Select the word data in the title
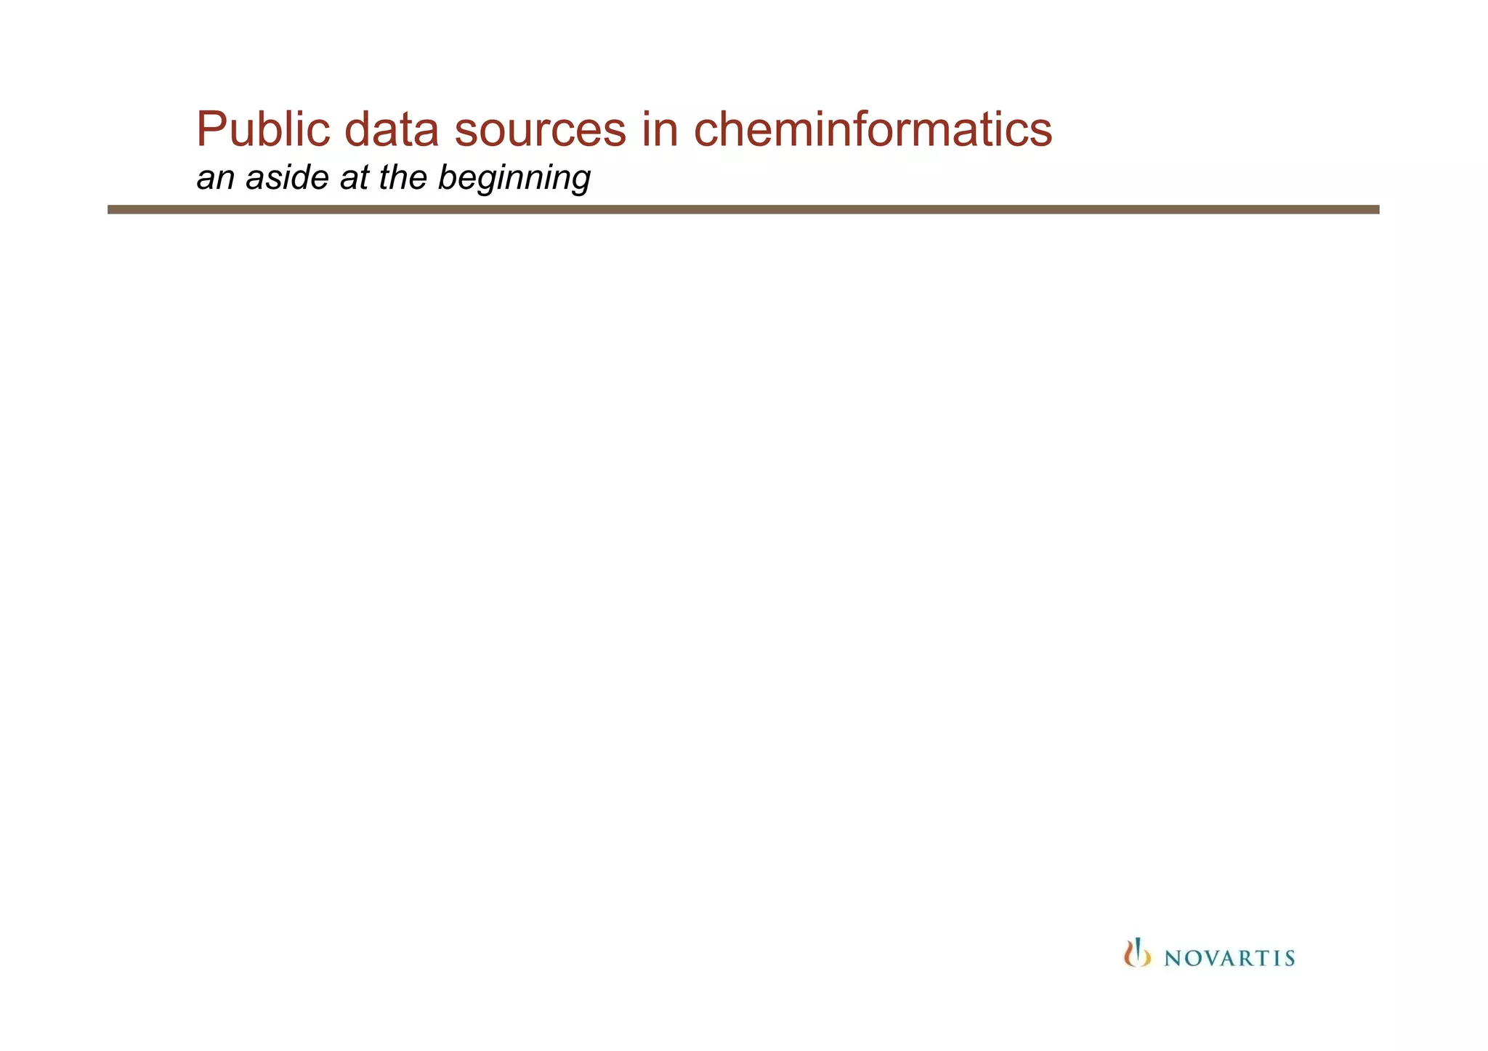pos(391,130)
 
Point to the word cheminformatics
pos(873,130)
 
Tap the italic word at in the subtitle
pos(355,178)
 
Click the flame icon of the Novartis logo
pos(1137,953)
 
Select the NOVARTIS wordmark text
pos(1229,959)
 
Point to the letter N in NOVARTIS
pos(1173,959)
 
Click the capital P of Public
pos(211,130)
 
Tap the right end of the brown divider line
pos(1377,209)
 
